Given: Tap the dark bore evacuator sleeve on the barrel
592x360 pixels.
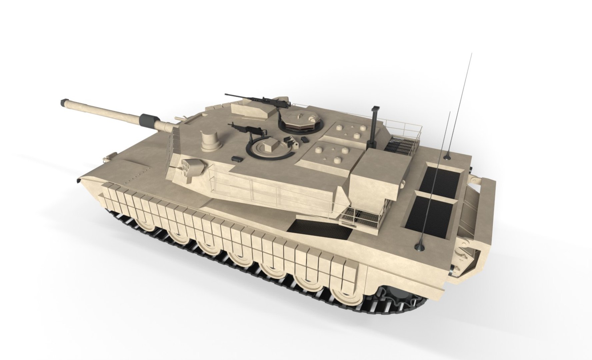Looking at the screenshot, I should pyautogui.click(x=149, y=120).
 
